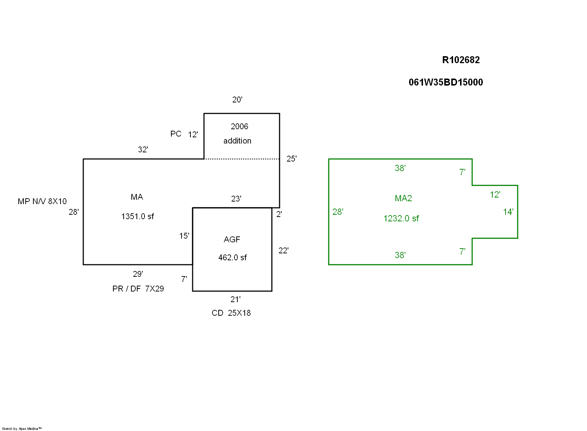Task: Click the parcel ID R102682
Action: (x=461, y=60)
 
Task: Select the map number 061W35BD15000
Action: (x=446, y=82)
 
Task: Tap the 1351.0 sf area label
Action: (x=138, y=216)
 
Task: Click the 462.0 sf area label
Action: (x=233, y=257)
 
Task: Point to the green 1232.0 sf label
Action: (x=401, y=218)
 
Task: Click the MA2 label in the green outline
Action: (x=403, y=198)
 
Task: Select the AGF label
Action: (x=232, y=239)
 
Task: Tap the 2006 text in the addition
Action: (x=240, y=126)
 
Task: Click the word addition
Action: (x=237, y=141)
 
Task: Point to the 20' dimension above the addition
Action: (x=237, y=99)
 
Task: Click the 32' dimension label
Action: (x=143, y=149)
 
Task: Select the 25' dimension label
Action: (x=292, y=159)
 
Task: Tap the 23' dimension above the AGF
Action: (x=236, y=199)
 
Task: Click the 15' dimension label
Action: (x=184, y=236)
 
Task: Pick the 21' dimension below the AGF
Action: (x=236, y=299)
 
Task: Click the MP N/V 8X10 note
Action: (x=42, y=201)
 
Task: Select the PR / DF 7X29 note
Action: (x=138, y=289)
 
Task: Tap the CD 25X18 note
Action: (x=231, y=313)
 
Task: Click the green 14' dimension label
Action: (x=508, y=212)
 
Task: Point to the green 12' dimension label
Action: (x=495, y=195)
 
